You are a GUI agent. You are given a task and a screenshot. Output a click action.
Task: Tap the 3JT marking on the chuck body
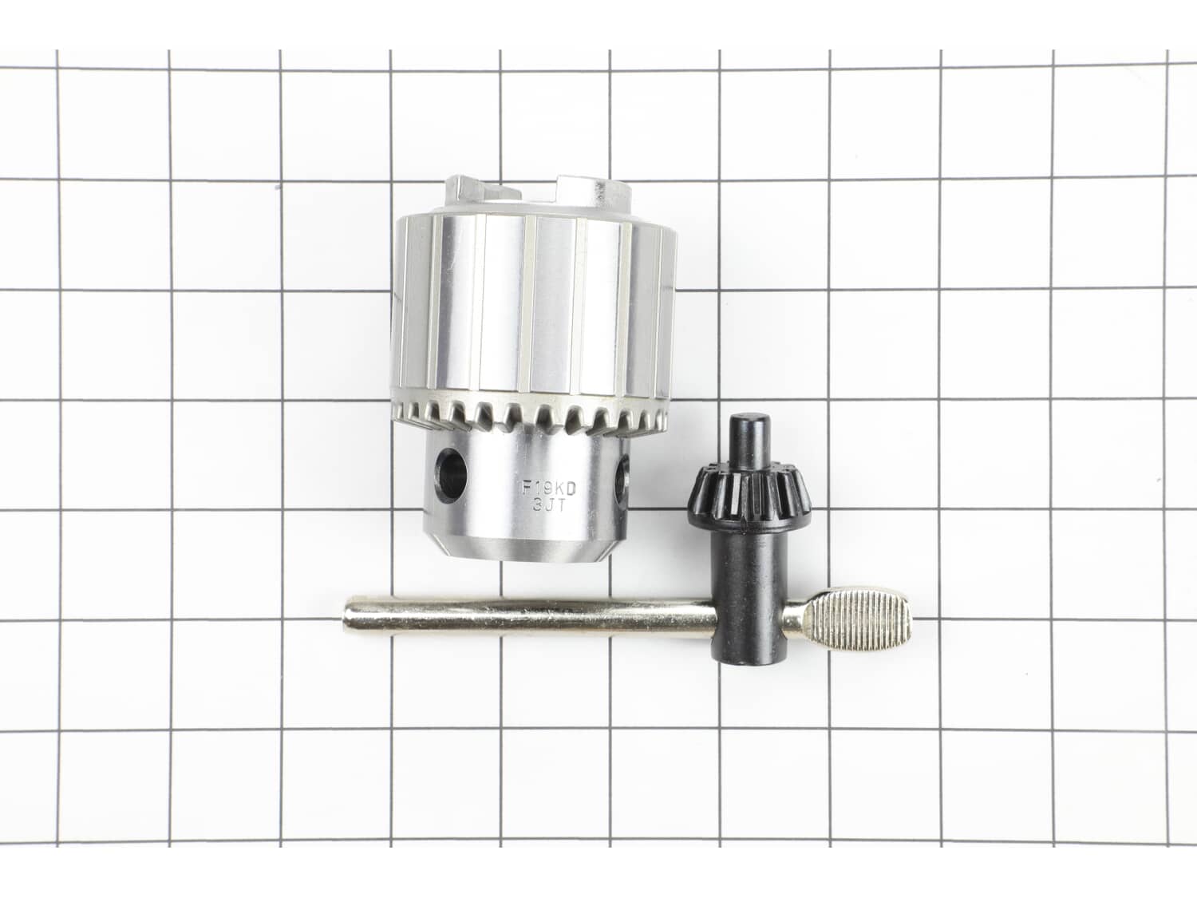(x=548, y=505)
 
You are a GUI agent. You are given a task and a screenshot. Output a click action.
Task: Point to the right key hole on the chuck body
(x=622, y=478)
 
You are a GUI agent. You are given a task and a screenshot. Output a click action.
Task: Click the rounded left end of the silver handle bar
(x=348, y=619)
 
